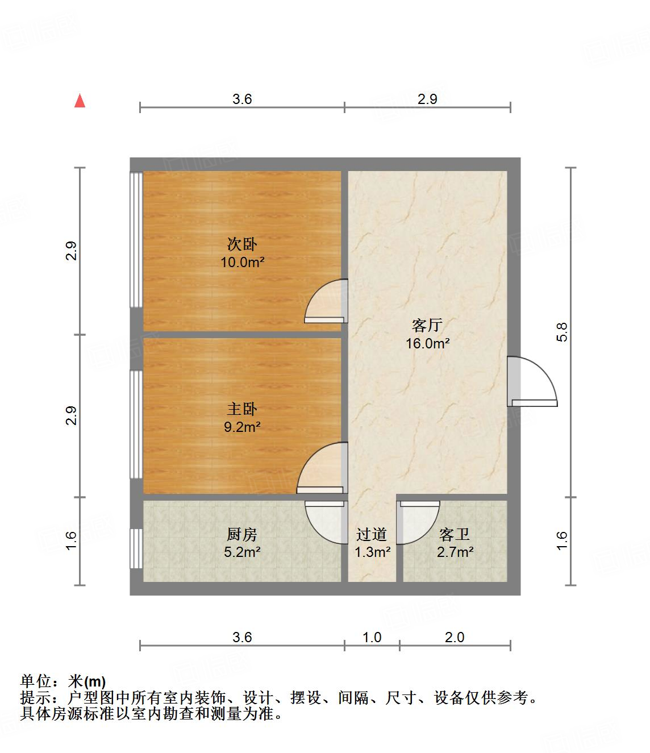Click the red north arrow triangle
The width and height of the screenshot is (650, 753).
[80, 101]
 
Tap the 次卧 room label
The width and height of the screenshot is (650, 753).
[242, 244]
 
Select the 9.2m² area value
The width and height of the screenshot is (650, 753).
[242, 427]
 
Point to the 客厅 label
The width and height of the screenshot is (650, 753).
[427, 326]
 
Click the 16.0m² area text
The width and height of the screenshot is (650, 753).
[427, 343]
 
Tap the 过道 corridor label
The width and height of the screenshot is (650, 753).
[372, 534]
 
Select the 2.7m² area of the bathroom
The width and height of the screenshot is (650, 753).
[455, 551]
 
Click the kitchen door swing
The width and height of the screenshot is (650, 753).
[326, 522]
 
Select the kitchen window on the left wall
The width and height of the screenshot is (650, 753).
[136, 548]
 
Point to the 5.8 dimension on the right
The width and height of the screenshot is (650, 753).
[562, 331]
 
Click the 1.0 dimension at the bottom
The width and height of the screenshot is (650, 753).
[372, 637]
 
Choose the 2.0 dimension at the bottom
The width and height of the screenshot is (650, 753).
[455, 637]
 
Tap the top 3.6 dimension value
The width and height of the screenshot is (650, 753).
[242, 99]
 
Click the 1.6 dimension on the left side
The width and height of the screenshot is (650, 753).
[70, 540]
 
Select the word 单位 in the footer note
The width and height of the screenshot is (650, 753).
[36, 681]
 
